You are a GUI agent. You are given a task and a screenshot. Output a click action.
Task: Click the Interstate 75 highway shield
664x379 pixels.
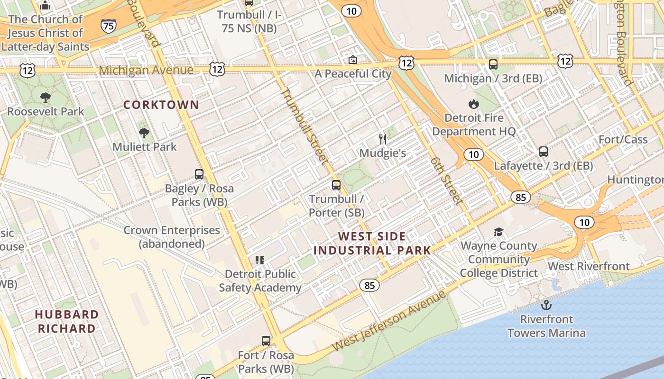(109, 26)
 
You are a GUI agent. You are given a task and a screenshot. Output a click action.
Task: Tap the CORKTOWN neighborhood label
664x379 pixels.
(161, 105)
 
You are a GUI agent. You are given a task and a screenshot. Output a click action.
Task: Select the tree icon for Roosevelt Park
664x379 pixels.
(46, 98)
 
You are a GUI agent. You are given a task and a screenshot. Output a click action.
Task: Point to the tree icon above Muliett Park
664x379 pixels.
(144, 133)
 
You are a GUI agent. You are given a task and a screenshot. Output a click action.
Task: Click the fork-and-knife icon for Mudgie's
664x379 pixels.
(383, 139)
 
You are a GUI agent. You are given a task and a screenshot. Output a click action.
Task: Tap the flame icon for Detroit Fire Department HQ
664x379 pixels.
(473, 104)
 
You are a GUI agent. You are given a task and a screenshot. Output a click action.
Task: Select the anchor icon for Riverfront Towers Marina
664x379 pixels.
(546, 305)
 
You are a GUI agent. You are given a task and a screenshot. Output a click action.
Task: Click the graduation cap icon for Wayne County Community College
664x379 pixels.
(498, 232)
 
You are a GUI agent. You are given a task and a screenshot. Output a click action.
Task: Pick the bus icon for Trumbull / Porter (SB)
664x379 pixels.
(336, 185)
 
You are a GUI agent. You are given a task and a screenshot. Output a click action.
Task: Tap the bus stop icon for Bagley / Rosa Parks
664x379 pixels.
(199, 174)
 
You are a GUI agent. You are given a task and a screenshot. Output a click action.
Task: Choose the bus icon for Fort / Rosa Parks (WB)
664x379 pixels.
(266, 341)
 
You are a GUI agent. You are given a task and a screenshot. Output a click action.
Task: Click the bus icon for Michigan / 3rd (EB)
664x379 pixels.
(493, 64)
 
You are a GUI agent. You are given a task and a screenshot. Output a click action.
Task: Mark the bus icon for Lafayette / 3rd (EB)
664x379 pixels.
(544, 152)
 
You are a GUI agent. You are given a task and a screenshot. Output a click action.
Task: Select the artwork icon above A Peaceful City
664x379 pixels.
(352, 60)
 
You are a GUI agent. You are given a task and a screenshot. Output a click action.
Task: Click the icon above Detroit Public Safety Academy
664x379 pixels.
(260, 260)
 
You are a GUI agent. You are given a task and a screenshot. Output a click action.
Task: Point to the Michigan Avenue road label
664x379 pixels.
(146, 71)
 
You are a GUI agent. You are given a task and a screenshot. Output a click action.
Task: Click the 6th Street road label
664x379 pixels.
(446, 180)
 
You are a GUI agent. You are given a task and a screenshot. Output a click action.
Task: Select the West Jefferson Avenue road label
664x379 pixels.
(389, 321)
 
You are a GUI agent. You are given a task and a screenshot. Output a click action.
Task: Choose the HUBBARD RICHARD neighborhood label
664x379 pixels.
(67, 321)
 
